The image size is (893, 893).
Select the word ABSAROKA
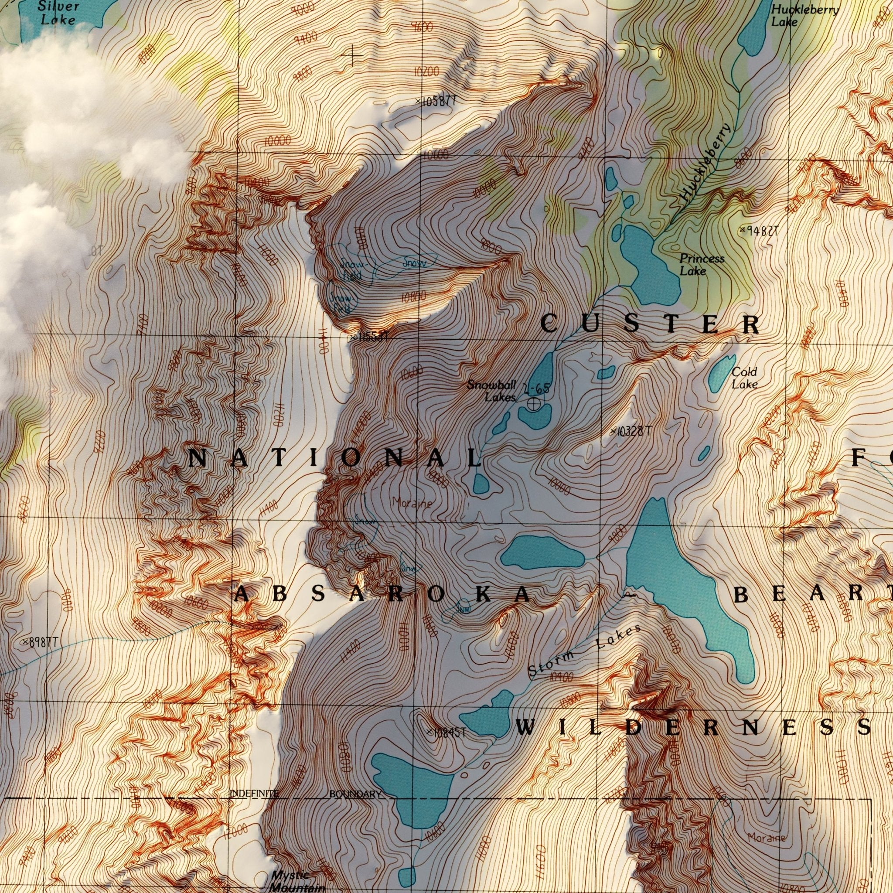[x=382, y=594]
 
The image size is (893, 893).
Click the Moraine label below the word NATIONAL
[x=412, y=502]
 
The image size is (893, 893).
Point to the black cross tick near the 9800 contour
[x=352, y=56]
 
